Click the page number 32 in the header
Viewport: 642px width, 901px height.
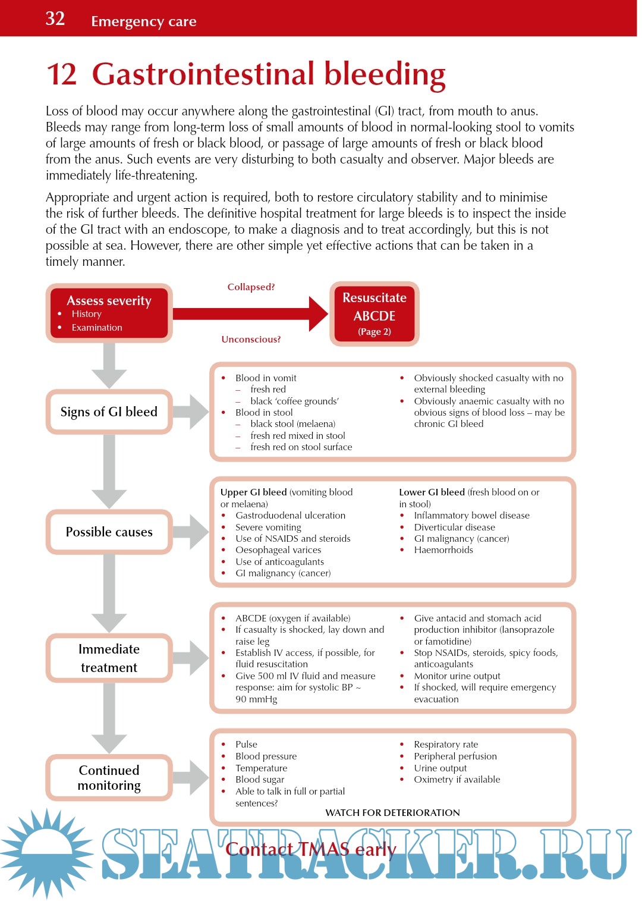pos(55,19)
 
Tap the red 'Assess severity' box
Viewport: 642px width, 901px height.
pos(109,313)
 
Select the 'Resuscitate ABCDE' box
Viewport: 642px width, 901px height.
pos(374,314)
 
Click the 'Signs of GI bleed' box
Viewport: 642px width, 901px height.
pos(109,412)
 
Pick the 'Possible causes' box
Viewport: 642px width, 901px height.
pos(109,532)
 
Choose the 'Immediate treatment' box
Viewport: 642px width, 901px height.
pos(109,658)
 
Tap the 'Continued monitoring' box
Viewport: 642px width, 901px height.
pos(109,777)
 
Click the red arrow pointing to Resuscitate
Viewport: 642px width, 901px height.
pos(250,313)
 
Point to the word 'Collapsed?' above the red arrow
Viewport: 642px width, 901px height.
pos(251,287)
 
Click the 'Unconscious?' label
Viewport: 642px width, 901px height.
pos(251,339)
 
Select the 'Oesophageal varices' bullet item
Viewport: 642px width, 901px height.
pos(278,550)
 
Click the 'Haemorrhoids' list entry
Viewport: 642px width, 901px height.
pos(443,550)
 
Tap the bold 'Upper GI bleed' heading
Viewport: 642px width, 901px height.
pos(254,492)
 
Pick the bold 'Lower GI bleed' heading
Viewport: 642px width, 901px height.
pos(432,492)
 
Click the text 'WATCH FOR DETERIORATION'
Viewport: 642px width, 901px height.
pos(392,812)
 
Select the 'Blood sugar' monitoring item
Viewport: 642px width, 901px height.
pos(260,779)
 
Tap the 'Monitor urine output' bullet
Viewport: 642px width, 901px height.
pos(457,676)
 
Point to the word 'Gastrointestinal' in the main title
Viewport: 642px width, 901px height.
pos(204,74)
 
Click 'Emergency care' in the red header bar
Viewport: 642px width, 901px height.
pos(143,21)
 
